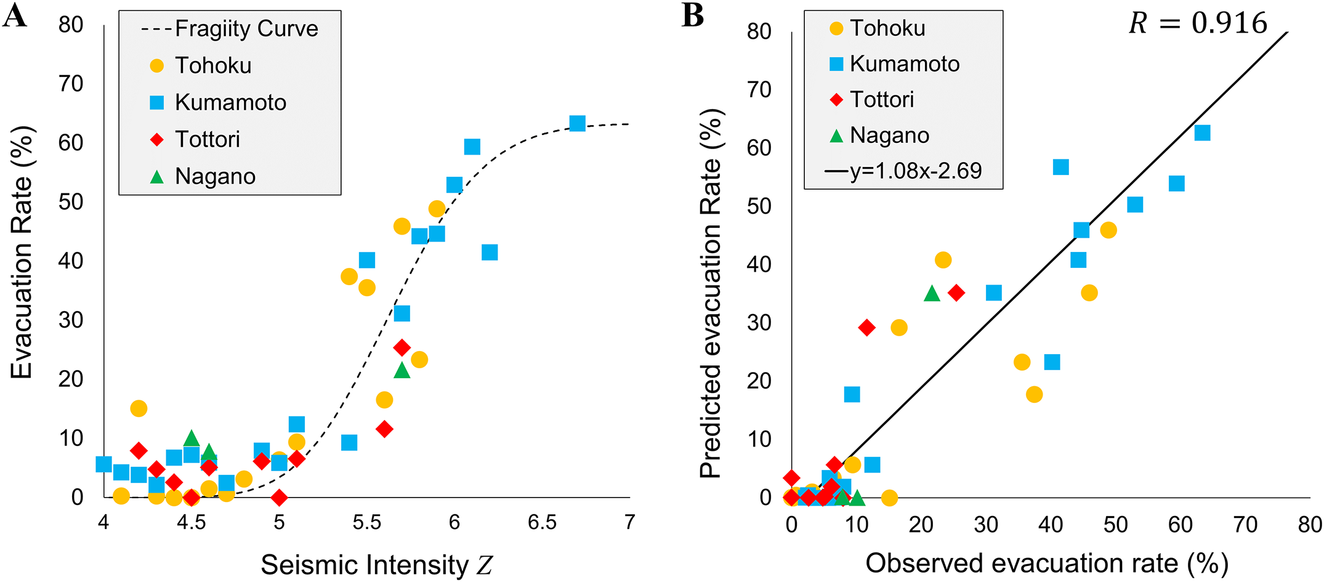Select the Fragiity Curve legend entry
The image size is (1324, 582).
[x=229, y=29]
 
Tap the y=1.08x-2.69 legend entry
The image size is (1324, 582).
[x=903, y=171]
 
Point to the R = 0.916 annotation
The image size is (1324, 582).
[x=1197, y=23]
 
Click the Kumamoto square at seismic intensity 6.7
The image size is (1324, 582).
[x=577, y=123]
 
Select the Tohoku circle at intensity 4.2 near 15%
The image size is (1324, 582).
[x=139, y=408]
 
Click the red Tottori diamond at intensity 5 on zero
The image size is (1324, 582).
[x=279, y=497]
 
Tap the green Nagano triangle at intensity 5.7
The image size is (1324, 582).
[x=402, y=370]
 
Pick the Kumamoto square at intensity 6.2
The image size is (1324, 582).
[x=490, y=253]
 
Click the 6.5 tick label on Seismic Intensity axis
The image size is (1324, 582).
[x=542, y=523]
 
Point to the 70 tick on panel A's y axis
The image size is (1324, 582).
[x=71, y=83]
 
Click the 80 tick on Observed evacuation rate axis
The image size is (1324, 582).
[x=1310, y=525]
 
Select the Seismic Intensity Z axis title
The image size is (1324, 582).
[x=376, y=565]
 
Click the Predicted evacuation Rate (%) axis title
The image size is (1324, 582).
[x=711, y=294]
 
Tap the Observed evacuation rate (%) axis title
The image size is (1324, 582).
[x=1047, y=563]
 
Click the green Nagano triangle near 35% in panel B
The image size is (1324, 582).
[x=932, y=294]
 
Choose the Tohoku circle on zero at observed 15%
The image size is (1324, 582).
[x=889, y=497]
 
